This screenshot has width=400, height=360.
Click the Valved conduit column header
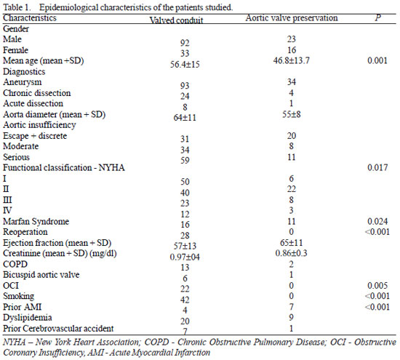click(176, 20)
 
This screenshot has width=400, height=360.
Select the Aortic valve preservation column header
click(292, 18)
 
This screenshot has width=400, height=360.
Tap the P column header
click(377, 17)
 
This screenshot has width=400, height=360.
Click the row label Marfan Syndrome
click(36, 221)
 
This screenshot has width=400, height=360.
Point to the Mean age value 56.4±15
click(185, 64)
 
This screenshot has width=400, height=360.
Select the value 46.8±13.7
click(292, 60)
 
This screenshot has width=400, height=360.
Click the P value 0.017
click(377, 167)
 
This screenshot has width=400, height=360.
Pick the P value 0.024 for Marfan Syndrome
click(377, 221)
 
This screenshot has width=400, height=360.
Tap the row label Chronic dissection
click(37, 93)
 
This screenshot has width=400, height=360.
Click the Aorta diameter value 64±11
click(185, 118)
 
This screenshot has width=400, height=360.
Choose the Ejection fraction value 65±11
click(292, 243)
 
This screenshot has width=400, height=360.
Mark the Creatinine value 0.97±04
click(185, 257)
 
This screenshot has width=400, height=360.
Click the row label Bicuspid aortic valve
click(41, 275)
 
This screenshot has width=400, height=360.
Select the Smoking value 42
click(185, 300)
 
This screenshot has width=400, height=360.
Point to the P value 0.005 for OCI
click(377, 286)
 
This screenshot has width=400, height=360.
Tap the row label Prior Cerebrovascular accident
click(58, 328)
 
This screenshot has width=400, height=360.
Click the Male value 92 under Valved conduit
click(185, 43)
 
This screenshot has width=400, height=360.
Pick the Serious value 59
click(185, 161)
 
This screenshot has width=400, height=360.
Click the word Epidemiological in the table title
click(68, 8)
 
